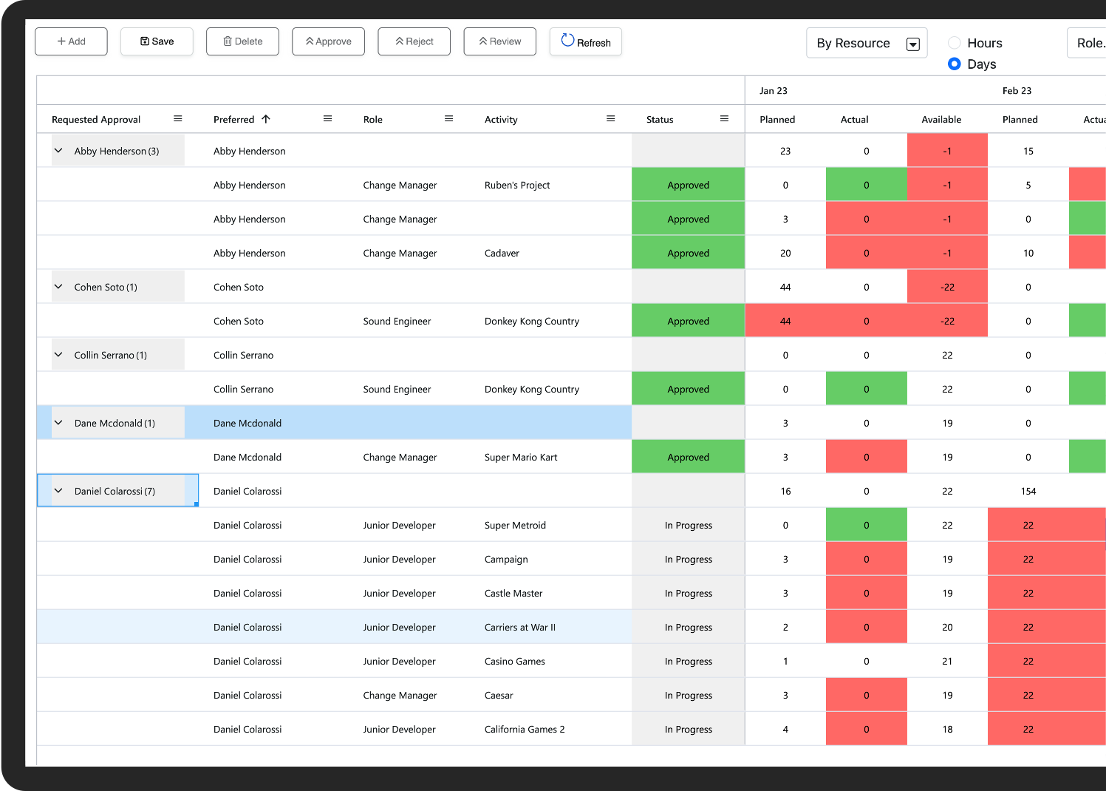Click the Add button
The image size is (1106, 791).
coord(71,41)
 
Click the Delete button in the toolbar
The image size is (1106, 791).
coord(242,41)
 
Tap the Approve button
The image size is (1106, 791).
coord(328,41)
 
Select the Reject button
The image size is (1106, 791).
coord(414,41)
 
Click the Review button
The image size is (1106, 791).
coord(499,41)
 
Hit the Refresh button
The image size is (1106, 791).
coord(585,42)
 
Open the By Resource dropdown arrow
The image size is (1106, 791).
coord(912,44)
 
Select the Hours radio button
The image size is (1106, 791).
coord(955,43)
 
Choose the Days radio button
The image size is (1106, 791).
coord(955,64)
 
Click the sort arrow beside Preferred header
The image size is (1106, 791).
coord(266,119)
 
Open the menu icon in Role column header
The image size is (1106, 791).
coord(448,119)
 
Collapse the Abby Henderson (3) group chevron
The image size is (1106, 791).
coord(58,151)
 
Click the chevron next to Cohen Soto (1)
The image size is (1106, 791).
coord(58,287)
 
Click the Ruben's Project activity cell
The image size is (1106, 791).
coord(517,186)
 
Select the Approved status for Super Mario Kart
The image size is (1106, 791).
coord(688,458)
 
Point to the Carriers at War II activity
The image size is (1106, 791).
coord(520,628)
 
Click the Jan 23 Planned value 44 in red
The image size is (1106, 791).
coord(785,322)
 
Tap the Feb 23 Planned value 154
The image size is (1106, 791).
coord(1028,492)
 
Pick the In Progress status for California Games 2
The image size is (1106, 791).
coord(688,730)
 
